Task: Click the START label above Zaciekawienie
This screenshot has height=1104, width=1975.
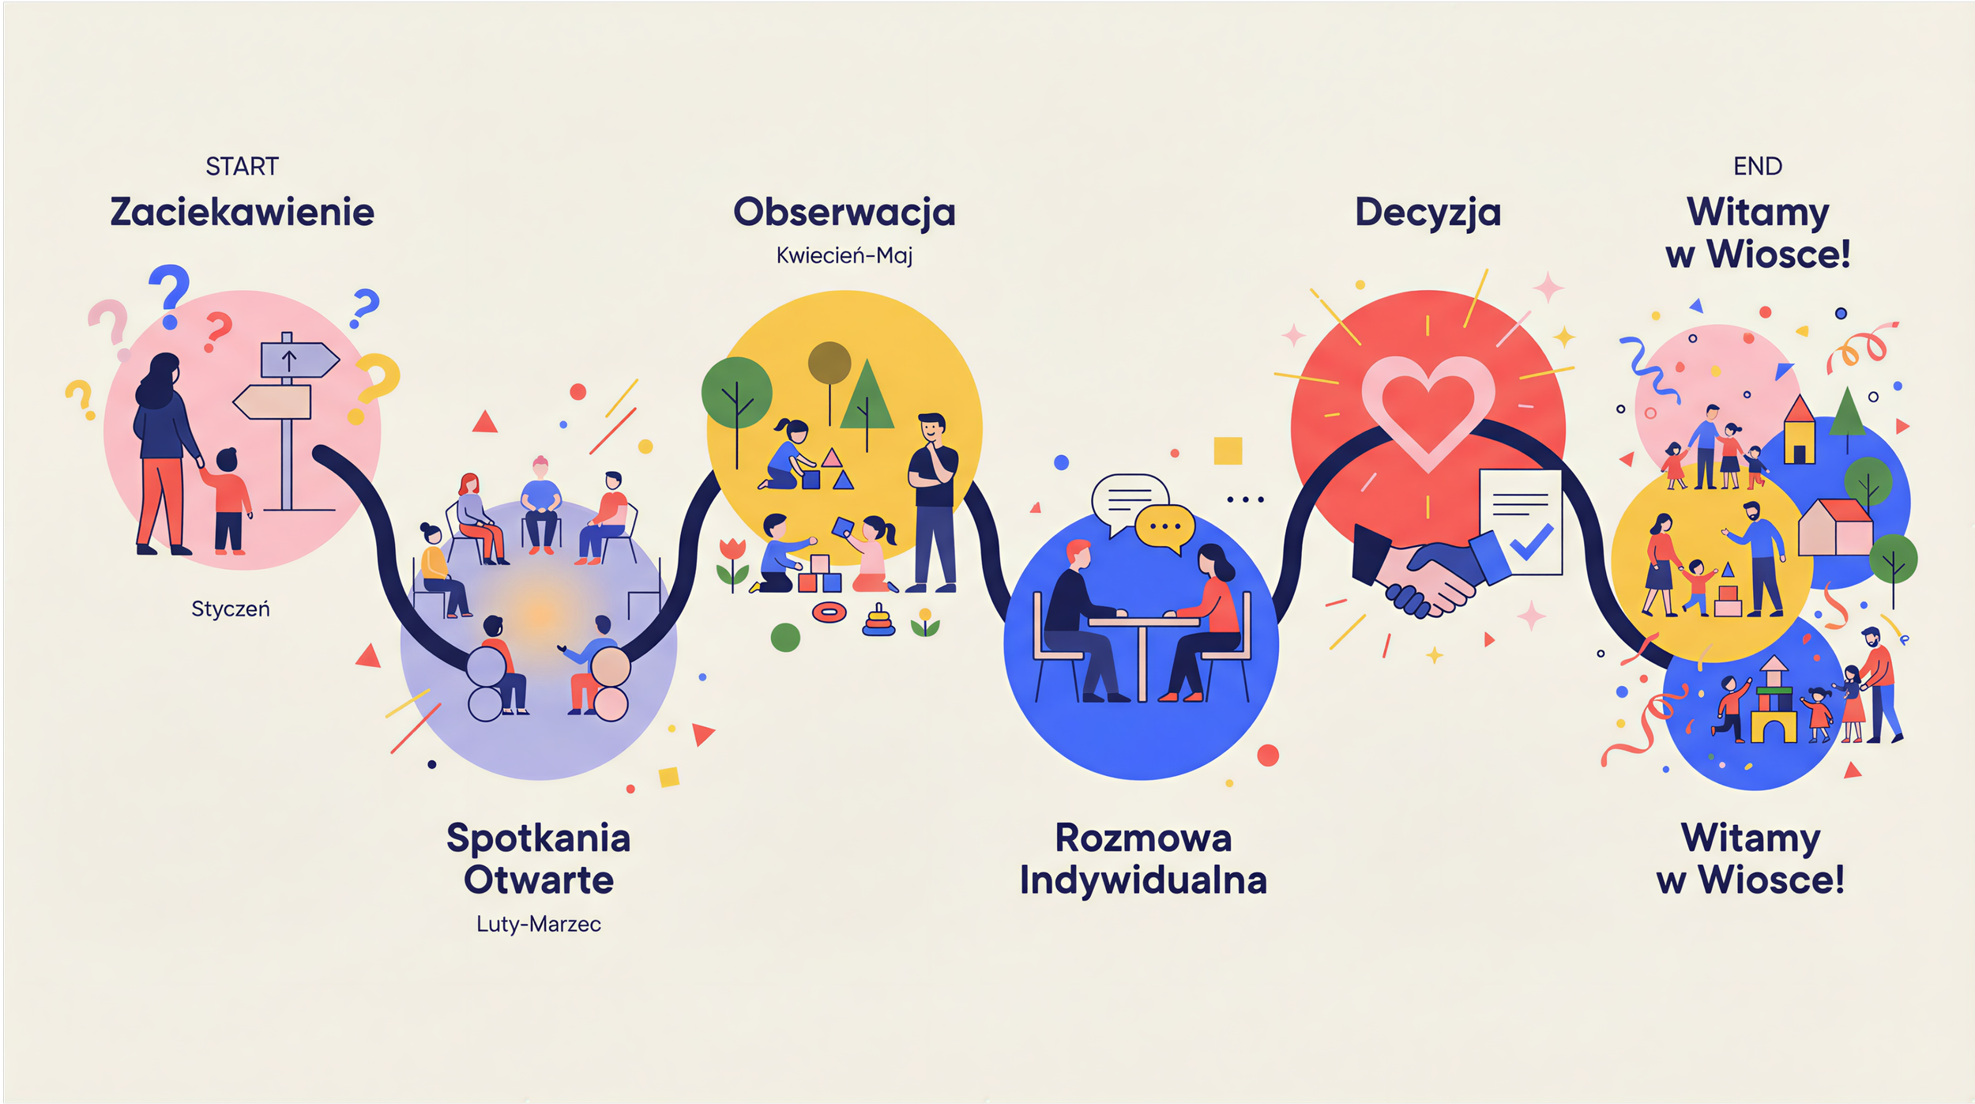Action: (242, 167)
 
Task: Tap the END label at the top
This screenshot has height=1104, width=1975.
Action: (1757, 167)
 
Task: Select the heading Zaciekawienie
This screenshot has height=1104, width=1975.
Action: (242, 212)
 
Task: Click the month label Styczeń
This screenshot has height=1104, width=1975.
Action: (231, 609)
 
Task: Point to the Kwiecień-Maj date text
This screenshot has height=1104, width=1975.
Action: (844, 256)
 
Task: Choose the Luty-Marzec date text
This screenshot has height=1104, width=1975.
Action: (539, 924)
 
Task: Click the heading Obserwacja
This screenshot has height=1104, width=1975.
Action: (844, 212)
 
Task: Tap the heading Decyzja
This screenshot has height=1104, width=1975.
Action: (1428, 212)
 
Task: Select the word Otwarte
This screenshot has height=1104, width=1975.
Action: (539, 880)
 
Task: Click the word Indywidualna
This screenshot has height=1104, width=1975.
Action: (1143, 880)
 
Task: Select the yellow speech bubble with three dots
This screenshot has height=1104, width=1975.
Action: (1164, 526)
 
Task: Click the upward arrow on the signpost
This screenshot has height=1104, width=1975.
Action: (289, 361)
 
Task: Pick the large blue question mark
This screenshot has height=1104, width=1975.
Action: (169, 294)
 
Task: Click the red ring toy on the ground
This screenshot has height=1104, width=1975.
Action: (829, 612)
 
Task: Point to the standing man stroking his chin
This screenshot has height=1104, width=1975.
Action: (932, 502)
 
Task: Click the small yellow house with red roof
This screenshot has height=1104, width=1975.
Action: (1799, 432)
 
